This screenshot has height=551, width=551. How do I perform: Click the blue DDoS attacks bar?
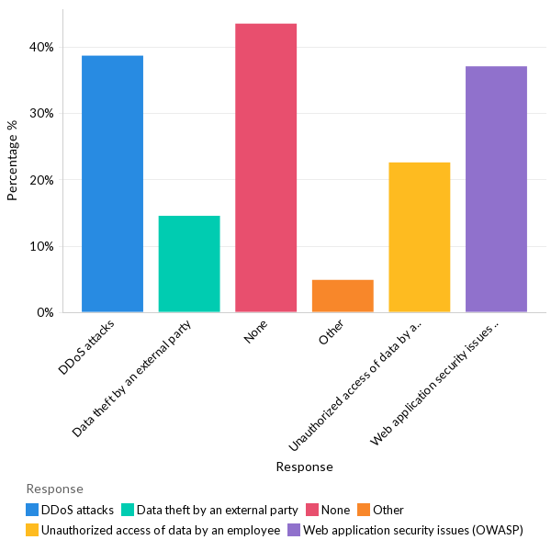coord(112,184)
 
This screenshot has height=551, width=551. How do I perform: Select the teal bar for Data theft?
coord(189,264)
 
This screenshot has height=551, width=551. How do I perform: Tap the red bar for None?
coord(265,168)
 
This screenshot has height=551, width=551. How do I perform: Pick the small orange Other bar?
coord(343,296)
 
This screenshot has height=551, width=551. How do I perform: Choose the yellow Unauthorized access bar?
coord(420,237)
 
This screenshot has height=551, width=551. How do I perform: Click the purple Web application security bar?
coord(496,189)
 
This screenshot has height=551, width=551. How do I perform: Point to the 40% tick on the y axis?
coord(43,47)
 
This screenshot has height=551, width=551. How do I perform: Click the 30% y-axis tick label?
coord(43,114)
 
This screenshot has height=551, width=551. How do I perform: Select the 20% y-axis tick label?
coord(43,180)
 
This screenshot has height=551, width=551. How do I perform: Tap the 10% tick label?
coord(43,246)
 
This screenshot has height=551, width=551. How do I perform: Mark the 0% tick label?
coord(46,313)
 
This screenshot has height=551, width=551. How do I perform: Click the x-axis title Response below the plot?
coord(304,467)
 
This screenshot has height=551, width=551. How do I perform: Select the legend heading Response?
coord(54,489)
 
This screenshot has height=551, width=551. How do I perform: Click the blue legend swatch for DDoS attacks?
coord(32,510)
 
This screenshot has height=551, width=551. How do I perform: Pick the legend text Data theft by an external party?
coord(217,510)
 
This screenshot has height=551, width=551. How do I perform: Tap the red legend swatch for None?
coord(313,510)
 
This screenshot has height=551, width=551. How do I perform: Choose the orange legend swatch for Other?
coord(364,510)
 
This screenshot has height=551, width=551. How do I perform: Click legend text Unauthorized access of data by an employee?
coord(160,530)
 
